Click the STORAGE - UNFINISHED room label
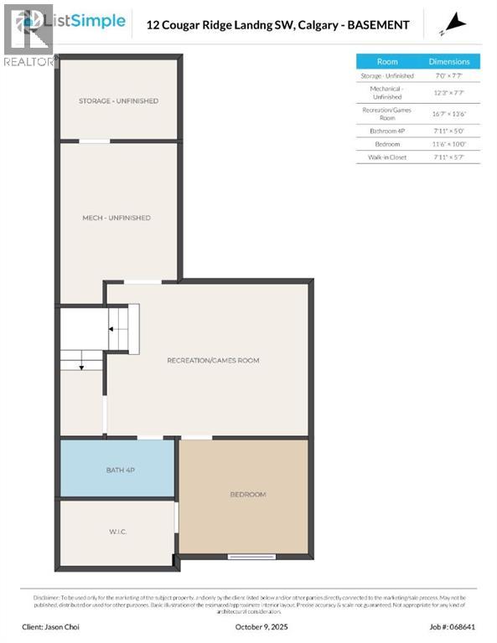(118, 100)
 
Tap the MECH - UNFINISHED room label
(116, 218)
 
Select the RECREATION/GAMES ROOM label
(213, 360)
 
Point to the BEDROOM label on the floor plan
(247, 494)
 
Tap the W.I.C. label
(116, 532)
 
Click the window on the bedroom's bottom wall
(251, 557)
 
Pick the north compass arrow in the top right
(456, 23)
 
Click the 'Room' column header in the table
(387, 61)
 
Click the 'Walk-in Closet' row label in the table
(387, 157)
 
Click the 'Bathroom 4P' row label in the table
(387, 131)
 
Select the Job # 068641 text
(453, 625)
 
